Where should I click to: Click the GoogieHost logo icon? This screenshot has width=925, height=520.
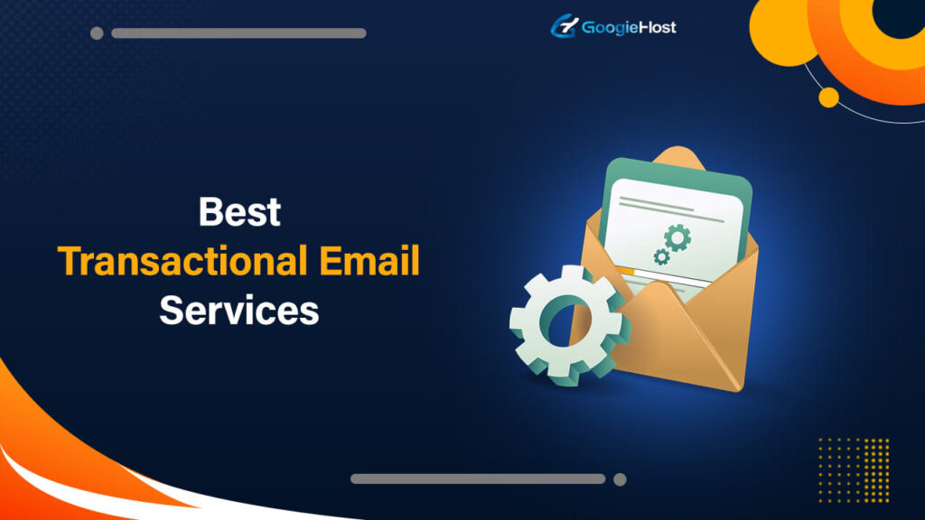click(x=564, y=26)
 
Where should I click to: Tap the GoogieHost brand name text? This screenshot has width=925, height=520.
click(x=629, y=27)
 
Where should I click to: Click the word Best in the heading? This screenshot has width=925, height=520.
click(x=239, y=213)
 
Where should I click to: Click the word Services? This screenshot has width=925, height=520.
click(x=239, y=311)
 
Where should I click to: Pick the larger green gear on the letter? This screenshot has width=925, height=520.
click(x=677, y=237)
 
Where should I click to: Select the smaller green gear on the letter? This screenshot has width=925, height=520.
click(x=661, y=257)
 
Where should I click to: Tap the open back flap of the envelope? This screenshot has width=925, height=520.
click(x=677, y=158)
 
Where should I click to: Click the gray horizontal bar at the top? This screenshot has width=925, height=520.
click(x=238, y=33)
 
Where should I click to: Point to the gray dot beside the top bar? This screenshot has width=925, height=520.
click(x=97, y=33)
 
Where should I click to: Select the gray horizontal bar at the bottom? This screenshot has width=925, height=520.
click(x=478, y=478)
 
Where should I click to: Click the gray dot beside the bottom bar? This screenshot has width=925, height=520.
click(x=620, y=479)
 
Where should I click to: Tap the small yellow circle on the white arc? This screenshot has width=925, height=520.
click(x=828, y=97)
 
